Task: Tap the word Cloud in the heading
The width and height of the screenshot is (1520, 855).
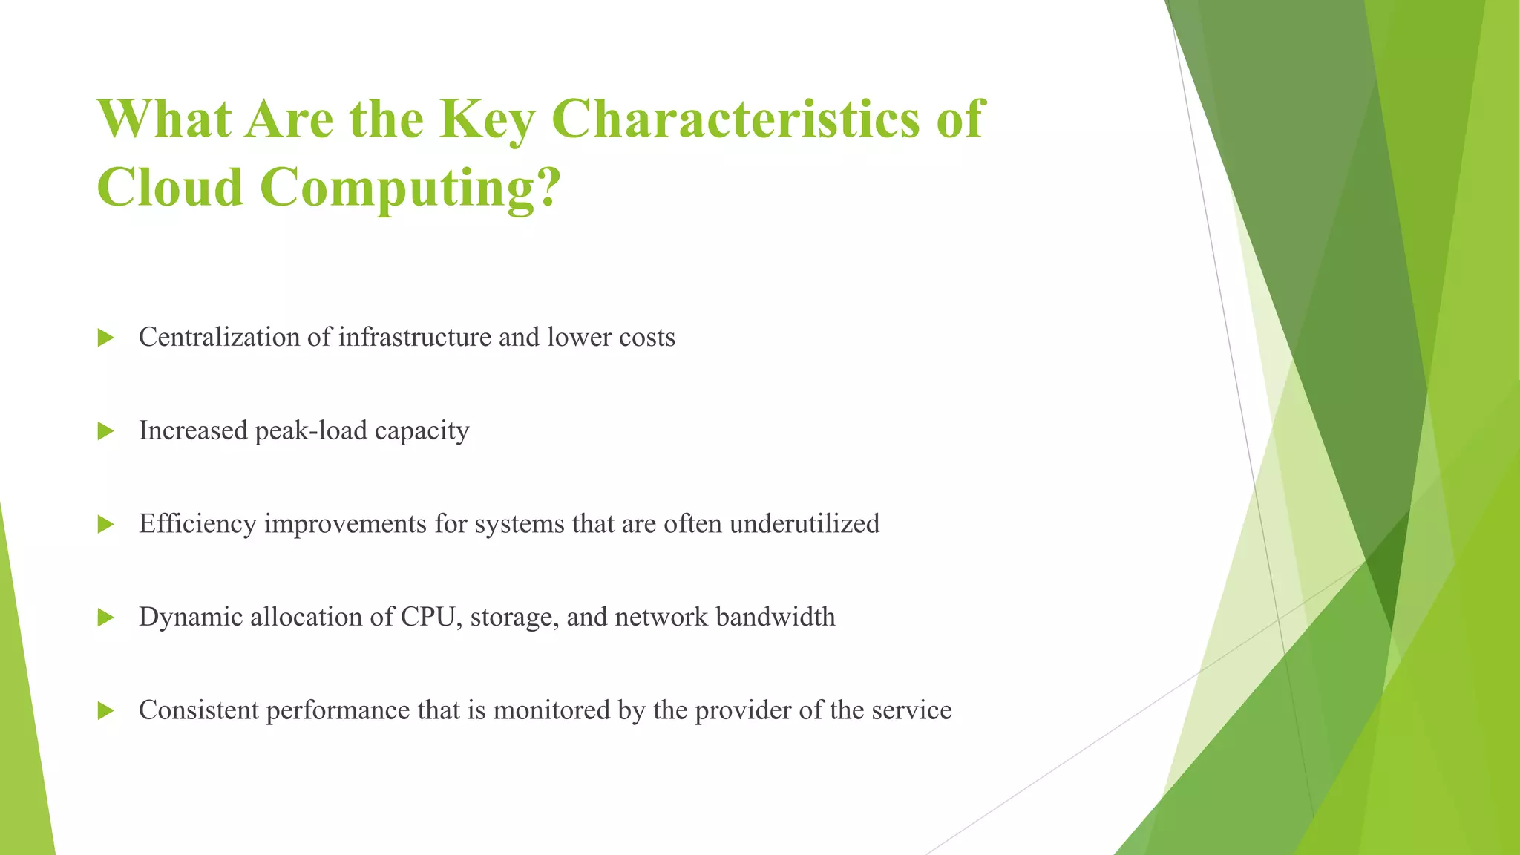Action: pyautogui.click(x=170, y=187)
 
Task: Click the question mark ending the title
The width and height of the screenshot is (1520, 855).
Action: pyautogui.click(x=546, y=187)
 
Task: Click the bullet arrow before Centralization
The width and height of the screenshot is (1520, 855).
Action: pyautogui.click(x=105, y=338)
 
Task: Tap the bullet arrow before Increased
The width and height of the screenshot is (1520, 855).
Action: pyautogui.click(x=105, y=431)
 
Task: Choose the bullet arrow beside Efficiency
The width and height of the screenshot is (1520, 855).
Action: pyautogui.click(x=105, y=525)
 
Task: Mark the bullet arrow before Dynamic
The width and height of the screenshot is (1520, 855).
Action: pyautogui.click(x=105, y=617)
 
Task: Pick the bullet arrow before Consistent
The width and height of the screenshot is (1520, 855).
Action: pyautogui.click(x=105, y=711)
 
